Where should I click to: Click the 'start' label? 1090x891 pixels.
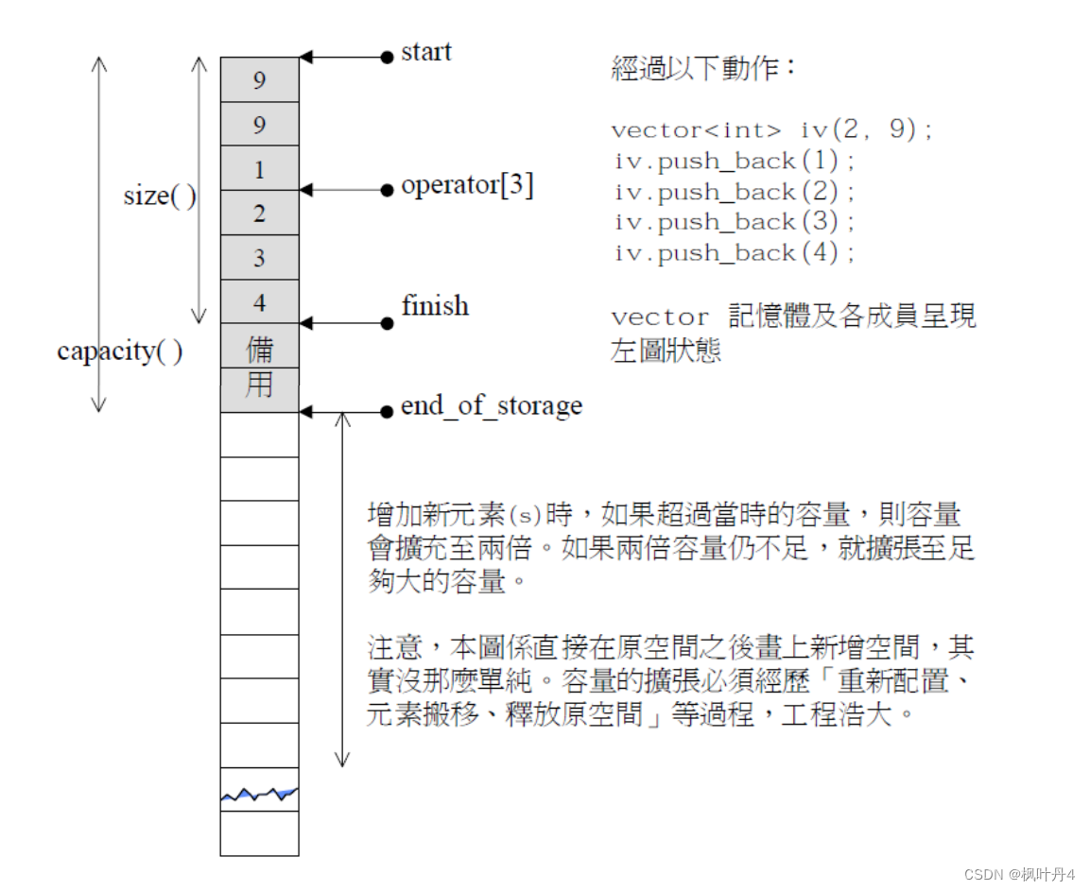click(x=425, y=52)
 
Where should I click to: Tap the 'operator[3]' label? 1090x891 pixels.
click(x=467, y=186)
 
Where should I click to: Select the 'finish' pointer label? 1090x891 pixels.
click(x=434, y=306)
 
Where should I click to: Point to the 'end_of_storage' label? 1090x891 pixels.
click(x=491, y=406)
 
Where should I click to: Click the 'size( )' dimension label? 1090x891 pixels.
click(x=160, y=197)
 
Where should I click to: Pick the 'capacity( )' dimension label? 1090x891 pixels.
click(x=120, y=351)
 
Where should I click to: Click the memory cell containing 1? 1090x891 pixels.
click(x=259, y=169)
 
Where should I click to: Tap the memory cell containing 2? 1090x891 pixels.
click(x=259, y=214)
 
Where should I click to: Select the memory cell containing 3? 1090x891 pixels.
click(x=259, y=258)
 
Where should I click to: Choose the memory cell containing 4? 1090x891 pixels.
click(x=259, y=302)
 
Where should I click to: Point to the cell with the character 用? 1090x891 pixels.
click(x=259, y=387)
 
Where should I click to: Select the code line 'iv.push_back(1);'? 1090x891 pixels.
click(x=735, y=162)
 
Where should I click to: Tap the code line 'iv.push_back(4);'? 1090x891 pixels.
click(x=735, y=253)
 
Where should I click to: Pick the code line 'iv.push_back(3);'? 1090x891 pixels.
click(x=735, y=223)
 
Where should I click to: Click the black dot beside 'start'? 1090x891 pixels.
click(x=387, y=58)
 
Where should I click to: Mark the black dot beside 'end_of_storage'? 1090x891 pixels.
click(x=387, y=412)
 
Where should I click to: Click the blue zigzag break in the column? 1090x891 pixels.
click(x=259, y=795)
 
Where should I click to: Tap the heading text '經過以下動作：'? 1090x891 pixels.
click(x=704, y=69)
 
